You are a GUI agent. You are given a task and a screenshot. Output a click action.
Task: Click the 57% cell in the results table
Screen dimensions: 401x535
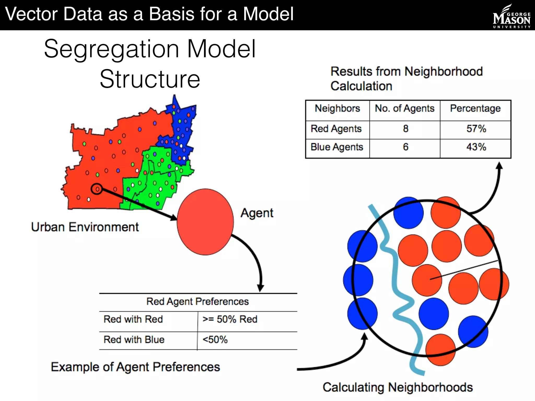click(476, 129)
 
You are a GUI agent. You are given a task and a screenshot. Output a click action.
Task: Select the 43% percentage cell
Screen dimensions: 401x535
click(476, 147)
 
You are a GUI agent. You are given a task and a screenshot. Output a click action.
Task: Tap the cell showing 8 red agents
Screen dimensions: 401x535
click(405, 129)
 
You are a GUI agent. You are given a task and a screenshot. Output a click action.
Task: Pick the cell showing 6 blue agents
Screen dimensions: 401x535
click(405, 147)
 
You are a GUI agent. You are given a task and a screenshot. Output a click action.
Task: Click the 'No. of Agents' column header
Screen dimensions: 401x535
click(405, 108)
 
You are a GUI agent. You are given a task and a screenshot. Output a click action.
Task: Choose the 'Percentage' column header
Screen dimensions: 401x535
click(475, 108)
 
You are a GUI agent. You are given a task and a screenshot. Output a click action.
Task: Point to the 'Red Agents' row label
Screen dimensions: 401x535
click(336, 129)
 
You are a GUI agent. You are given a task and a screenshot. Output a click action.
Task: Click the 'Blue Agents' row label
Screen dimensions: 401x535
click(337, 147)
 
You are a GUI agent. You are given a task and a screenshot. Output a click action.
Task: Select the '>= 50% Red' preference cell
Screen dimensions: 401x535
click(230, 319)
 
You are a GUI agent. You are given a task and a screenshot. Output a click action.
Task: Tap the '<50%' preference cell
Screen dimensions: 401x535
click(215, 340)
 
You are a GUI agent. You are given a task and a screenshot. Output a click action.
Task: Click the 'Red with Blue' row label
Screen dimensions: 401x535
click(134, 340)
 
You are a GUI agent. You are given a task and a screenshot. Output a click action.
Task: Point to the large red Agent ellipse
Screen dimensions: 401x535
click(205, 222)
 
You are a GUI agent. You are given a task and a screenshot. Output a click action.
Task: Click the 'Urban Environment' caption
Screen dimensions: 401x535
click(85, 227)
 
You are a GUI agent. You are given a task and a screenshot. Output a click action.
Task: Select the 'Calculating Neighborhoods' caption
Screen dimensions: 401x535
click(398, 387)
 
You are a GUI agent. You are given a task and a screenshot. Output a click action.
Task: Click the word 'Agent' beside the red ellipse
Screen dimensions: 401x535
click(257, 213)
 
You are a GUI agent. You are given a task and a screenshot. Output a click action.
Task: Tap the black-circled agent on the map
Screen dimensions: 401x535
click(97, 189)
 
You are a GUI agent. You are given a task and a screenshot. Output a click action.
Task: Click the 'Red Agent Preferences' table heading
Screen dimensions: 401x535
click(197, 302)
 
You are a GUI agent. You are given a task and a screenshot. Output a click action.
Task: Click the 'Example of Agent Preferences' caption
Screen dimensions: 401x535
click(135, 367)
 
